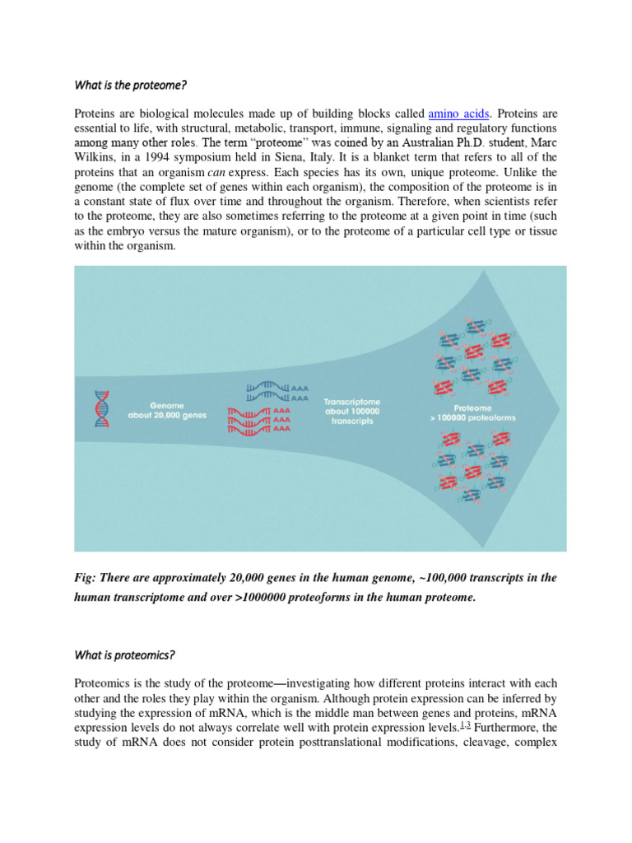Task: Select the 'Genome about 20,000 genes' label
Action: (167, 410)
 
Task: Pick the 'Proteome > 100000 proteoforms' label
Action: (473, 412)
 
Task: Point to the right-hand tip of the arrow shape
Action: (559, 408)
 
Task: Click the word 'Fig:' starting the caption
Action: (86, 578)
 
